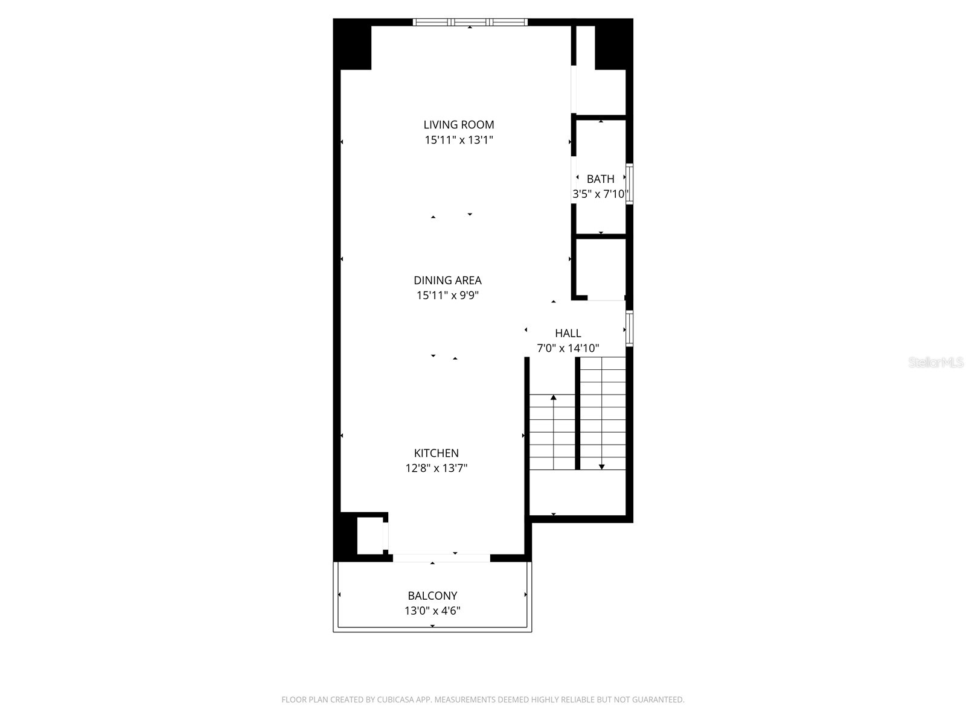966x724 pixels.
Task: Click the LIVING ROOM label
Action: [458, 125]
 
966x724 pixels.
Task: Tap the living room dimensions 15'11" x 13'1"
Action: [458, 140]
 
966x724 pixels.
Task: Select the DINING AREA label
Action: [447, 281]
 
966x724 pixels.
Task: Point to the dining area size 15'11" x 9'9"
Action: [447, 296]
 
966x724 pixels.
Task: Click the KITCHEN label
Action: [436, 453]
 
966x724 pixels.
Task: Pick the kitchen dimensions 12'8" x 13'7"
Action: [436, 468]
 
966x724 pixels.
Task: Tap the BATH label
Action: [600, 179]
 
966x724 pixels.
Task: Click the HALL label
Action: [568, 333]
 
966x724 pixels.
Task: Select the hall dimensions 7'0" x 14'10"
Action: [568, 348]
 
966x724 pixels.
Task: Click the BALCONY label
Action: [432, 595]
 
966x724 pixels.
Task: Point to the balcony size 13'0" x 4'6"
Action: [432, 611]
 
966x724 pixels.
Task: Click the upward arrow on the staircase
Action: [554, 398]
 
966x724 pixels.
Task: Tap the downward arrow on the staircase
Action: [601, 466]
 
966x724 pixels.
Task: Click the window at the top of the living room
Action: [470, 22]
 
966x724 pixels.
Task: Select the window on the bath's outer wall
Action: [629, 184]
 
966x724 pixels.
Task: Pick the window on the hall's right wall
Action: [629, 328]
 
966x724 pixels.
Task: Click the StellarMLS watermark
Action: [936, 363]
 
